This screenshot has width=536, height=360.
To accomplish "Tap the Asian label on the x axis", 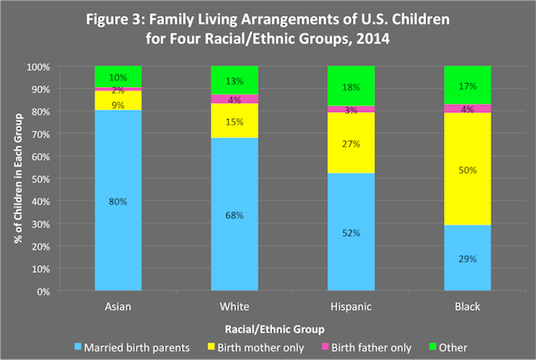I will [118, 307].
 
